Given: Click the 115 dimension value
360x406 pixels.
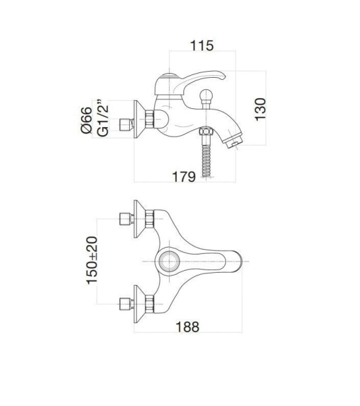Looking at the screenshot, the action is tap(202, 45).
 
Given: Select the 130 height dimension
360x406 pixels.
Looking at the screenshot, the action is tap(261, 109).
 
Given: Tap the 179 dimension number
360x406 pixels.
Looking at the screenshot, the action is tap(184, 177).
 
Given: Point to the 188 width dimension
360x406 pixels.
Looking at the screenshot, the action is tap(187, 327).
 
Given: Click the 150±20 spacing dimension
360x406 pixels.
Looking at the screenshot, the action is tap(92, 261).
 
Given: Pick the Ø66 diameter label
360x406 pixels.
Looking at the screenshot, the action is tap(86, 120).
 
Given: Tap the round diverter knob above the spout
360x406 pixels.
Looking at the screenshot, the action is tap(206, 97).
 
